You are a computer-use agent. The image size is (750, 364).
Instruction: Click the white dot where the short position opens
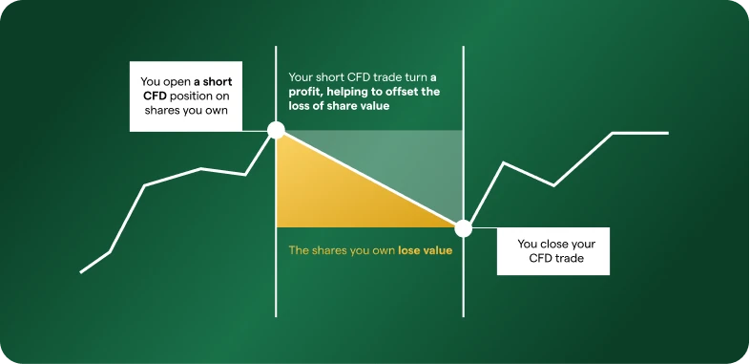276,130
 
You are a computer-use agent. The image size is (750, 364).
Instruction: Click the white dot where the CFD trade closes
463,228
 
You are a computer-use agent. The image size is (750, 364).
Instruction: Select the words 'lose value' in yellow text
425,250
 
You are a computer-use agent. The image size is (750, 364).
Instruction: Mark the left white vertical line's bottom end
276,316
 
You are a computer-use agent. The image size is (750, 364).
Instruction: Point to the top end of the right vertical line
463,47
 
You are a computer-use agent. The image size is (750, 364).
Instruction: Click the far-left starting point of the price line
80,272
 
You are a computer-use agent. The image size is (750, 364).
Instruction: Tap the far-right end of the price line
668,133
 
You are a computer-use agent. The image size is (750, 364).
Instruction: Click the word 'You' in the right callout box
528,244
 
